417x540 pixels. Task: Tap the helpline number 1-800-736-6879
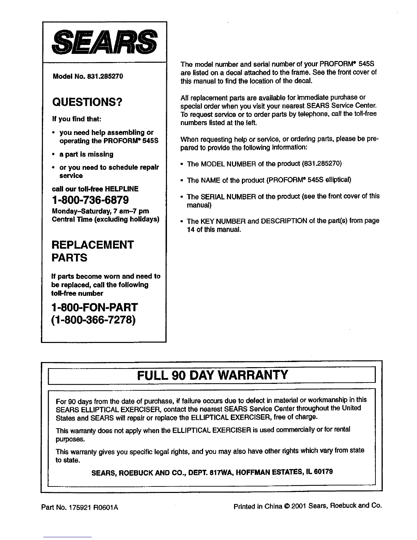pos(90,200)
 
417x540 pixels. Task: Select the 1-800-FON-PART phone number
pos(94,307)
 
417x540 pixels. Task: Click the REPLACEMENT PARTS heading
pos(92,251)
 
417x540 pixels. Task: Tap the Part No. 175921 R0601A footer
pos(79,507)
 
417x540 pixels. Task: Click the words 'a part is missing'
pos(86,154)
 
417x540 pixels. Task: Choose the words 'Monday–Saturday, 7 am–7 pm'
pos(100,211)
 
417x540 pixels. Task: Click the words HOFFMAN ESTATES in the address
pos(267,472)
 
